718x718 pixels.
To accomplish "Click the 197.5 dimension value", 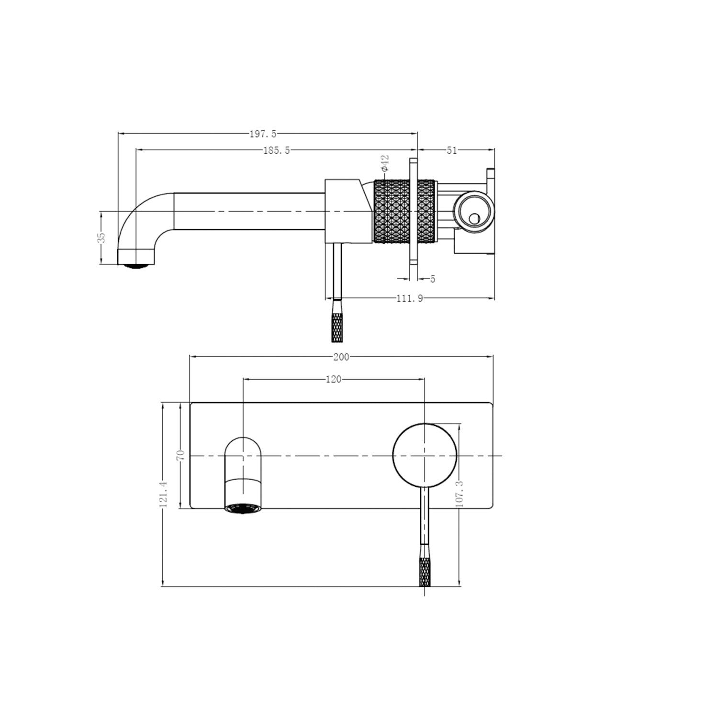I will coord(263,134).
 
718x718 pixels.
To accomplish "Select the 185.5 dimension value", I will coord(277,150).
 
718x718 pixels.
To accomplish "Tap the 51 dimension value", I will coord(452,150).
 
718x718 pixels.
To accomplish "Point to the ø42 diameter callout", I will coord(385,162).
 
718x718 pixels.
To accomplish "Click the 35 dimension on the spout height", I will coord(101,237).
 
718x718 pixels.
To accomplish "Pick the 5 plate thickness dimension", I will coord(433,279).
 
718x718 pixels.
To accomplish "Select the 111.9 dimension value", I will coord(410,299).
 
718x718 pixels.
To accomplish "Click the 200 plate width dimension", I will coord(341,357).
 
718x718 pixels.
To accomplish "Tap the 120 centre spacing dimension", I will coord(333,380).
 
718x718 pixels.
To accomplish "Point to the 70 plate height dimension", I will coord(180,455).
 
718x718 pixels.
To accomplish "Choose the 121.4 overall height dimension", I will coord(163,494).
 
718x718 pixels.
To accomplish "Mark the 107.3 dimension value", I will coord(460,494).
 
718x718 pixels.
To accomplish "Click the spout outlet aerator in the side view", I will coord(137,266).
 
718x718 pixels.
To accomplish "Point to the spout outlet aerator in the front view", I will coord(244,508).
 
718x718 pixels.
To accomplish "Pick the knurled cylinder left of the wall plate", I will coord(390,212).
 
